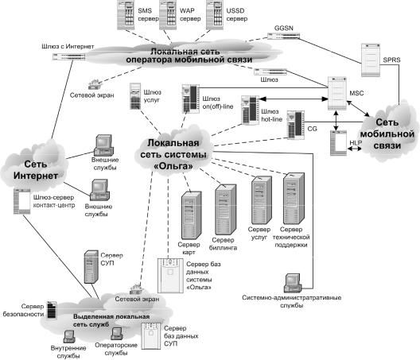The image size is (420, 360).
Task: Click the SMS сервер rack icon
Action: point(126,15)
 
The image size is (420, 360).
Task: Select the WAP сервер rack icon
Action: point(168,15)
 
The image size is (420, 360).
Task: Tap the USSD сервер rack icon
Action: point(215,15)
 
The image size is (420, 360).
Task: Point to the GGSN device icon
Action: point(284,36)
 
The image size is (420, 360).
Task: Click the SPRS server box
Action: point(371,60)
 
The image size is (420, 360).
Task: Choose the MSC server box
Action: point(337,93)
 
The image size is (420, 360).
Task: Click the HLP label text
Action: point(356,143)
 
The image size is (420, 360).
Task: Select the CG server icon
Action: point(296,125)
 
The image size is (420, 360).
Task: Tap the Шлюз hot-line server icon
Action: point(251,110)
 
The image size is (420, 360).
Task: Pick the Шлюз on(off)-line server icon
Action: point(191,99)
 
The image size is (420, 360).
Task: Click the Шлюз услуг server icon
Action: point(135,96)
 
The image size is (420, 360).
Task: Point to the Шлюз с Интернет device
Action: point(69,56)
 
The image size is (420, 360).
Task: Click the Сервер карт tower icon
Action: point(191,215)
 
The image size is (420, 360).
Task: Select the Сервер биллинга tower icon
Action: point(226,209)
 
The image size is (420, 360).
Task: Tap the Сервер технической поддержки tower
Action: point(294,199)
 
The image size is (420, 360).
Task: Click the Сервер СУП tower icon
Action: point(91,266)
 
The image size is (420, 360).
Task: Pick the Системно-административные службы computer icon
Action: point(293,283)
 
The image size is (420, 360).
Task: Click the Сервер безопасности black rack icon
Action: point(52,310)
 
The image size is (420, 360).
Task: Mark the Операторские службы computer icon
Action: point(117,334)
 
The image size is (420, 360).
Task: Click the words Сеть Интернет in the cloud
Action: point(36,170)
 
